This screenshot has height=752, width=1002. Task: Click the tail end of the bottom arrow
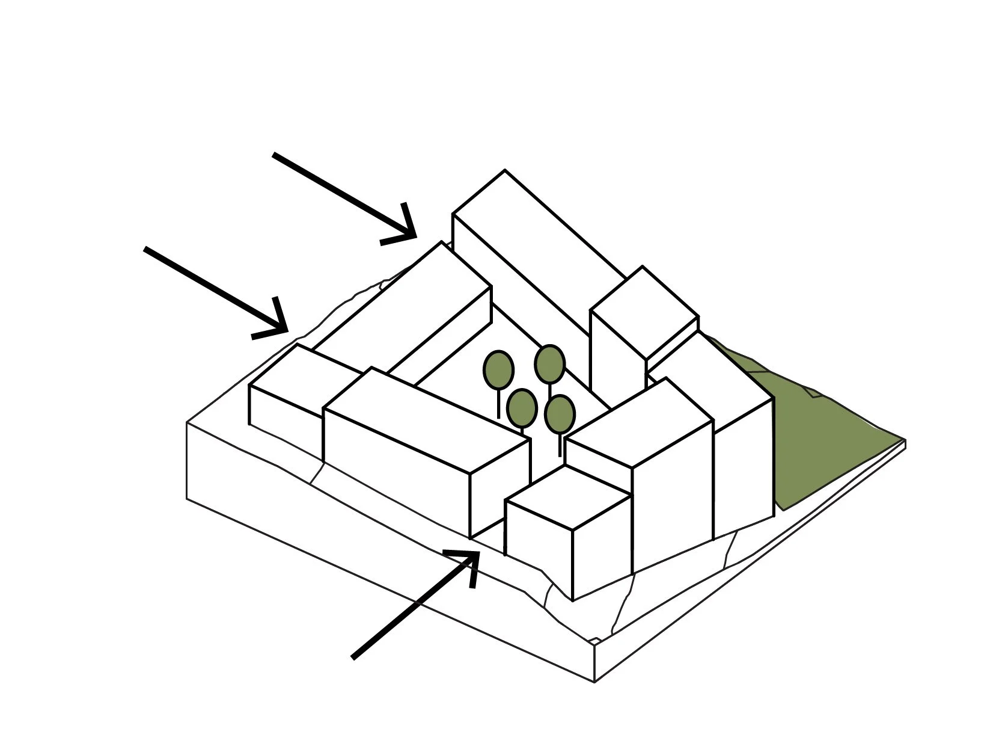(x=354, y=657)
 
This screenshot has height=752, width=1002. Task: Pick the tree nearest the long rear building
(x=549, y=365)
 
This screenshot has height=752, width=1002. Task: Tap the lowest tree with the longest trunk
(x=560, y=415)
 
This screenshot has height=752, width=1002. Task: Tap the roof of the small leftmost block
(x=301, y=379)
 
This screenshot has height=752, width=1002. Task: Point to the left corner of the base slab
(x=188, y=423)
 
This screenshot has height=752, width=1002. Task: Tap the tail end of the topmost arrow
(x=274, y=155)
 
